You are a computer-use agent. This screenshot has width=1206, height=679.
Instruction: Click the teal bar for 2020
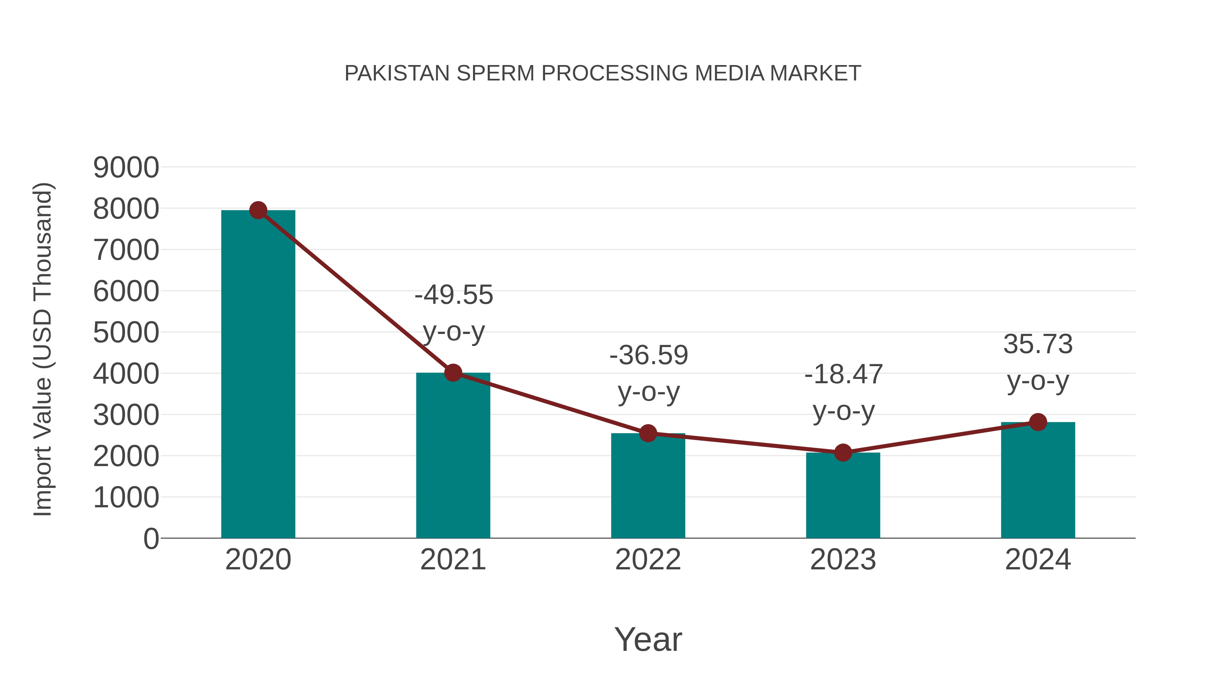point(258,375)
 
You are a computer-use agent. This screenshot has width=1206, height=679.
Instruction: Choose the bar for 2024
point(1038,480)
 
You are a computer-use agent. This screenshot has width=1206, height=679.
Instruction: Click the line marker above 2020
point(258,210)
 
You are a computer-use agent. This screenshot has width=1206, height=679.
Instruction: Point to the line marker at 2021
point(453,373)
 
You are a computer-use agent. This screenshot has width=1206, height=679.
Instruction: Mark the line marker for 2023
point(843,453)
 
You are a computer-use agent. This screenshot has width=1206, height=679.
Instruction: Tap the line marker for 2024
point(1038,422)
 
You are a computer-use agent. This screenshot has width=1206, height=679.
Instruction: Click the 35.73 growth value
point(1038,344)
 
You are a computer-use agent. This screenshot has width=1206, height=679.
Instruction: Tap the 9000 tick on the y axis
point(126,168)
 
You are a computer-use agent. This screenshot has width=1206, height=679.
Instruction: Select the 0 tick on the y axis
point(151,539)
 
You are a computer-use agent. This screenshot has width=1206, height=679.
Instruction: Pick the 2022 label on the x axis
point(648,560)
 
